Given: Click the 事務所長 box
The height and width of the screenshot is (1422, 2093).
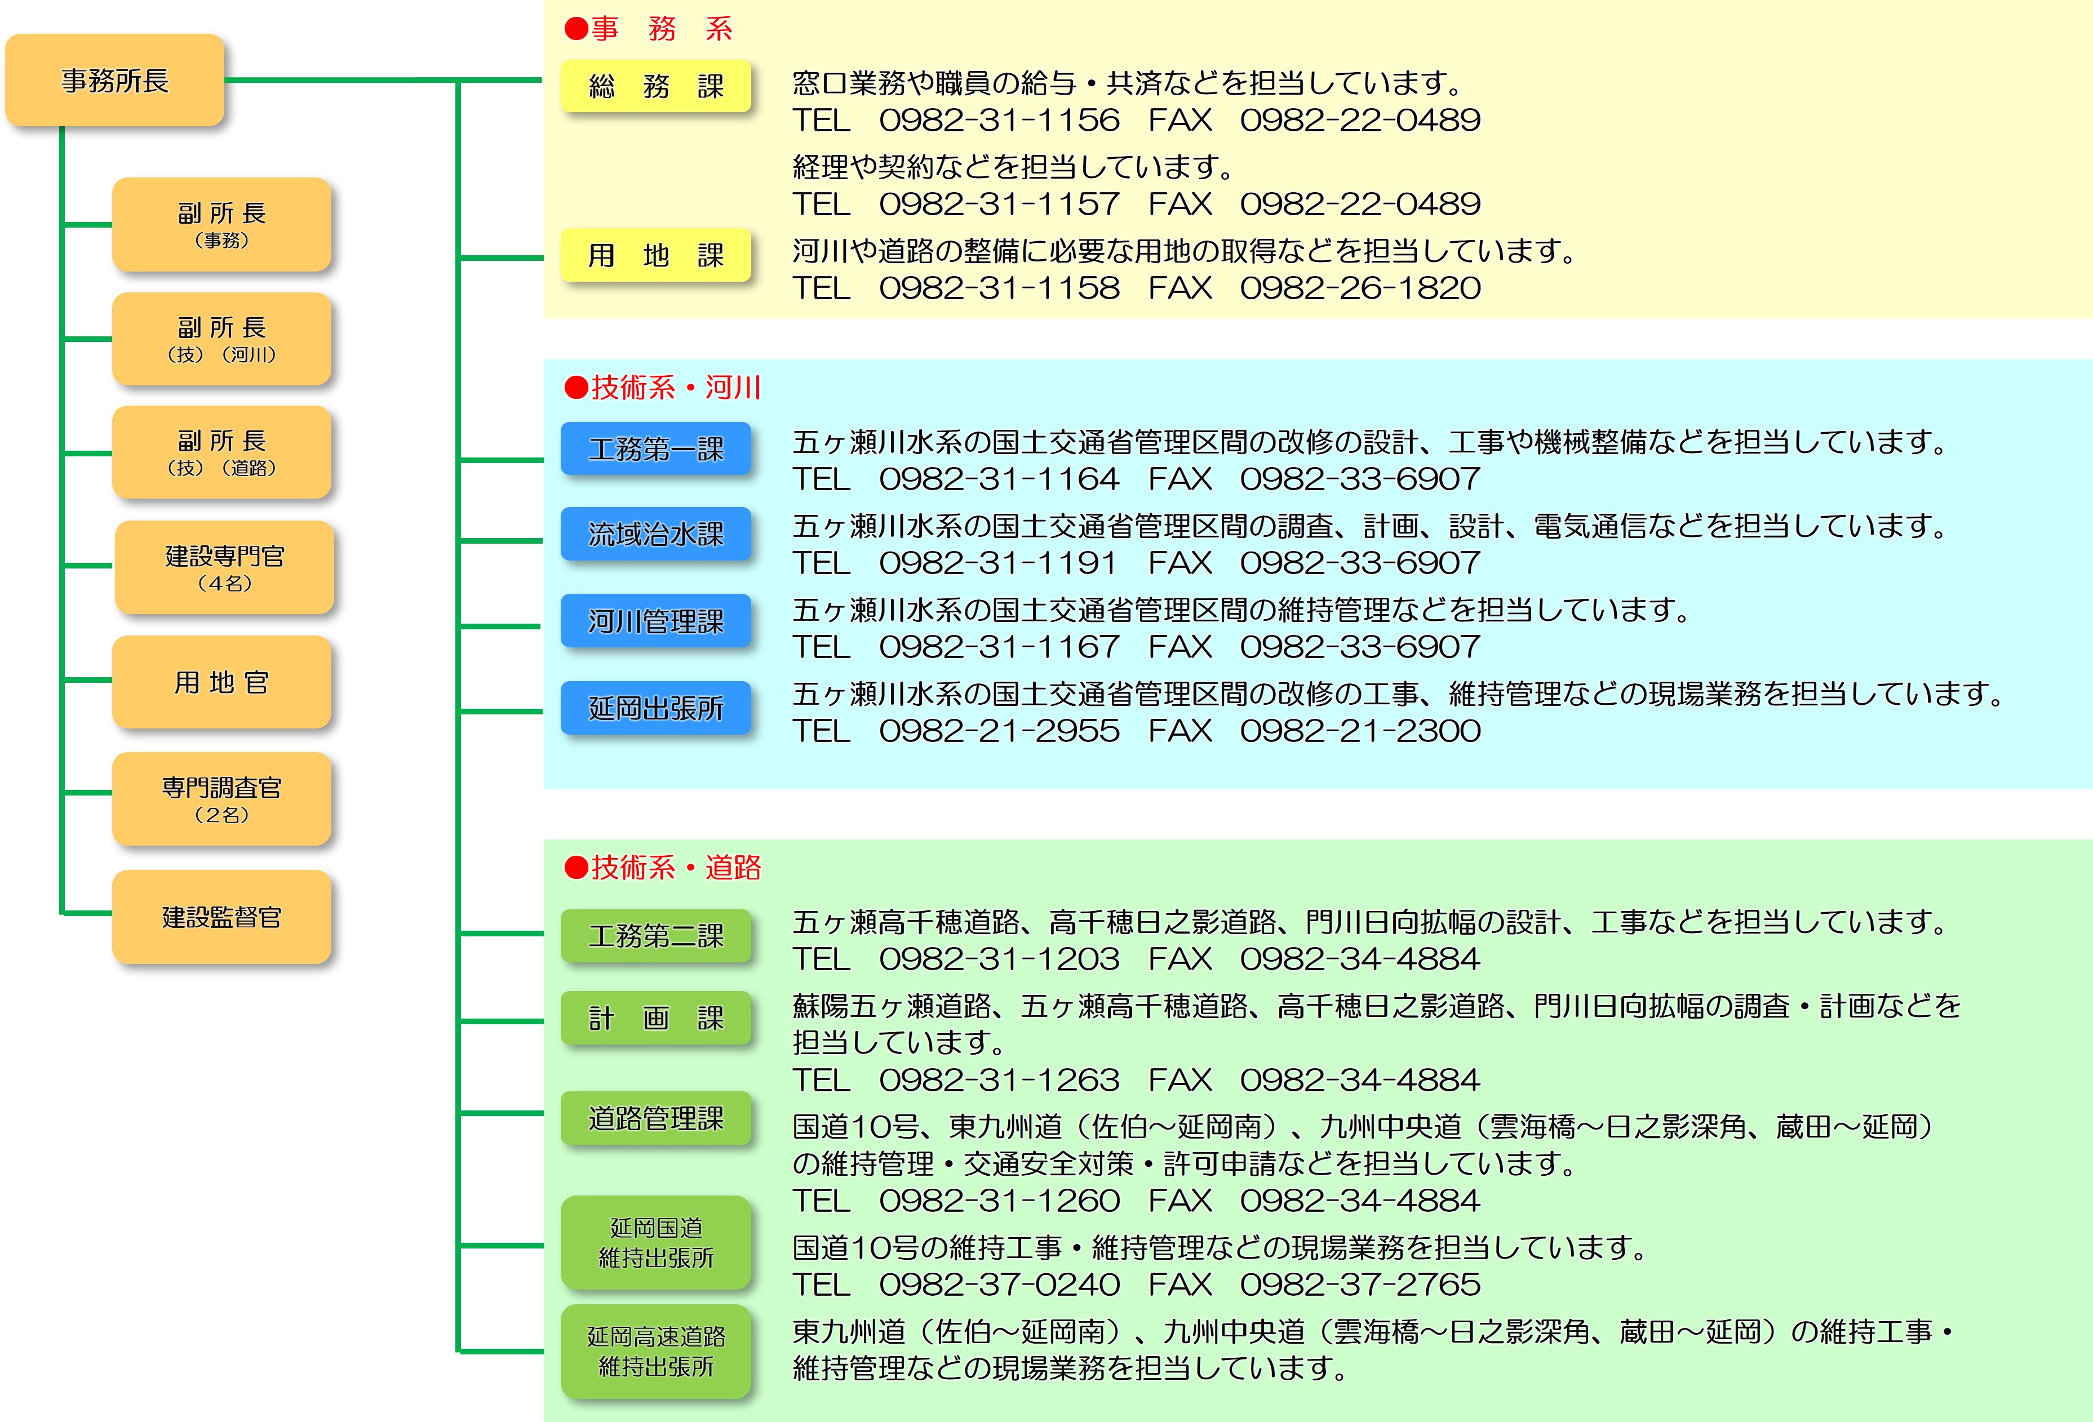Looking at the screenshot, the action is tap(114, 80).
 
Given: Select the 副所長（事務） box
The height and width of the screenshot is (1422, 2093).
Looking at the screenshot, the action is tap(221, 224).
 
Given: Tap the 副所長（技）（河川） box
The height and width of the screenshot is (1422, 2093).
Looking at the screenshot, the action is tap(221, 339).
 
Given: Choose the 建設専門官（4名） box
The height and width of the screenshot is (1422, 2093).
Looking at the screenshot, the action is tap(224, 567).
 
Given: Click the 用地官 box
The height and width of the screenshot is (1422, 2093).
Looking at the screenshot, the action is tap(221, 682).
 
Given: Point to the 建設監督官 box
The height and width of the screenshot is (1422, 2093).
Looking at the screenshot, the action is tap(221, 917).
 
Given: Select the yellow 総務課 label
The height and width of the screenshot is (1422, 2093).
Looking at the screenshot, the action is tap(655, 86).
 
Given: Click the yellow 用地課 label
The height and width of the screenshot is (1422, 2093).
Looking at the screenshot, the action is tap(655, 255).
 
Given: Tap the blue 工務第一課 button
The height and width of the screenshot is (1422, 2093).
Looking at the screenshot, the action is tap(655, 448).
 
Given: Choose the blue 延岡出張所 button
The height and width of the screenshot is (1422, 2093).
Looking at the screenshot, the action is tap(655, 708).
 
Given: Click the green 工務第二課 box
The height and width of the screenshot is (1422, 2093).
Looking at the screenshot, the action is tap(655, 936).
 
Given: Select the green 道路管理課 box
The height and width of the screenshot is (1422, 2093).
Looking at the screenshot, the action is tap(655, 1118).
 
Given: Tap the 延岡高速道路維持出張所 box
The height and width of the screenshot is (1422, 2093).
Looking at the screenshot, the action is tap(655, 1351).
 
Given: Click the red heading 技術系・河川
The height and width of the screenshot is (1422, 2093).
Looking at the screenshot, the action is tap(663, 387).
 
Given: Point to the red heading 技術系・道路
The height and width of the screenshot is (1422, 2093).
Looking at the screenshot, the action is tap(663, 867).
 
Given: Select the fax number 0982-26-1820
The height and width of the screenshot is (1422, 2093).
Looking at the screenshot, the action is tap(1360, 288).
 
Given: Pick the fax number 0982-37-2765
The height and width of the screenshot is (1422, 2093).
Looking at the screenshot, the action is tap(1360, 1284).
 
